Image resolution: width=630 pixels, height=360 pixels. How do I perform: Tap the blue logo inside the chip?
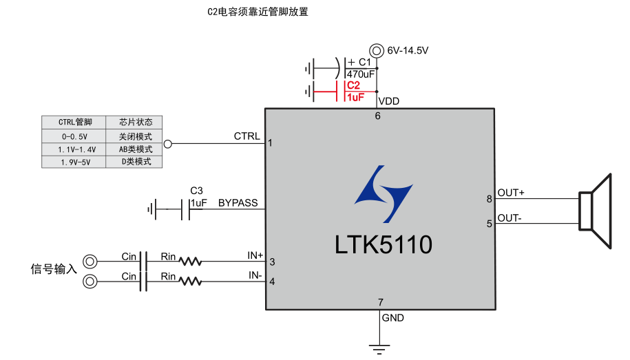tap(383, 194)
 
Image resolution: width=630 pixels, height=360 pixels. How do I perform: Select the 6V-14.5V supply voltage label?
tap(408, 50)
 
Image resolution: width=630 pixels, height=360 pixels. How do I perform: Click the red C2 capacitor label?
tap(353, 85)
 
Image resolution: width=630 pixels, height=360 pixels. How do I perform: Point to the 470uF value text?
tap(361, 74)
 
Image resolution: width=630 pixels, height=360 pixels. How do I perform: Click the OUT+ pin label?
tap(511, 193)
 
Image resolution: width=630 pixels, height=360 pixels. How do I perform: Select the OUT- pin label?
tap(510, 218)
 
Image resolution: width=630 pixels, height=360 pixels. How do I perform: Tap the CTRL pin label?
tap(247, 136)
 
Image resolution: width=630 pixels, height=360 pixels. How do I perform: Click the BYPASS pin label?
tap(238, 203)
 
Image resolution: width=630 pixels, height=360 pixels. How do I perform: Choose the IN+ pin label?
tap(255, 255)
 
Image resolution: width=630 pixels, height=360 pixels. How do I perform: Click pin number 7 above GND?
tap(380, 303)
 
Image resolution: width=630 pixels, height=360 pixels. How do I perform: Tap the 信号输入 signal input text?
tap(54, 268)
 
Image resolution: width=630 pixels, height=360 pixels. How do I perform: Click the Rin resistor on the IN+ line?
tap(189, 262)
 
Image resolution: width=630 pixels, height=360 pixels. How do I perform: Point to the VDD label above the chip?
tap(389, 101)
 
